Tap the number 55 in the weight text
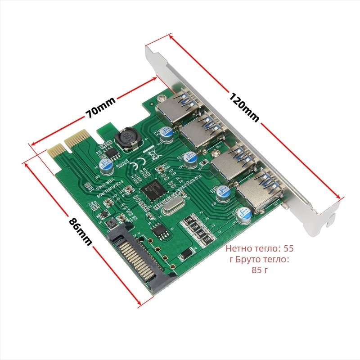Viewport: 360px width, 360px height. click(288, 248)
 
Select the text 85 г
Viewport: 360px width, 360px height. click(259, 270)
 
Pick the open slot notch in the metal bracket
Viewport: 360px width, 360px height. click(332, 219)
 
